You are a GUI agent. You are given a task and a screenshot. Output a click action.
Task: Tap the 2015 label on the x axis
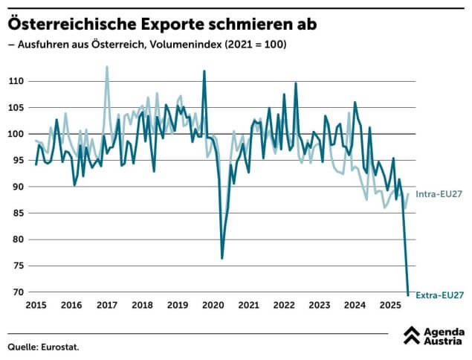pyautogui.click(x=36, y=306)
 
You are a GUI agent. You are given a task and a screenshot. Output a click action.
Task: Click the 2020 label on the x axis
pyautogui.click(x=213, y=306)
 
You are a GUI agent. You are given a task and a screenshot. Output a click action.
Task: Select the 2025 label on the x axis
pyautogui.click(x=390, y=306)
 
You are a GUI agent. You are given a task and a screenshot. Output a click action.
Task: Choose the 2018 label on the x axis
pyautogui.click(x=142, y=306)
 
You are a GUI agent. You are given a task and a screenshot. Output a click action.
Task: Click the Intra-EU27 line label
pyautogui.click(x=439, y=194)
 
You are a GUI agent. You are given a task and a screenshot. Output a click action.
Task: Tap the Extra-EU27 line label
pyautogui.click(x=439, y=295)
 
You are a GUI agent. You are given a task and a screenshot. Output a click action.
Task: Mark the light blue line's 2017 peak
pyautogui.click(x=106, y=67)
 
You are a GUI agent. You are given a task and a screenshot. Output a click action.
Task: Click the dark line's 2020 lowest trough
pyautogui.click(x=222, y=258)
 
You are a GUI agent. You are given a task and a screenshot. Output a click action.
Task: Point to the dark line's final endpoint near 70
pyautogui.click(x=408, y=293)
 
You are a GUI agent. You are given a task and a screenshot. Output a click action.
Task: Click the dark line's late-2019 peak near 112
pyautogui.click(x=204, y=71)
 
